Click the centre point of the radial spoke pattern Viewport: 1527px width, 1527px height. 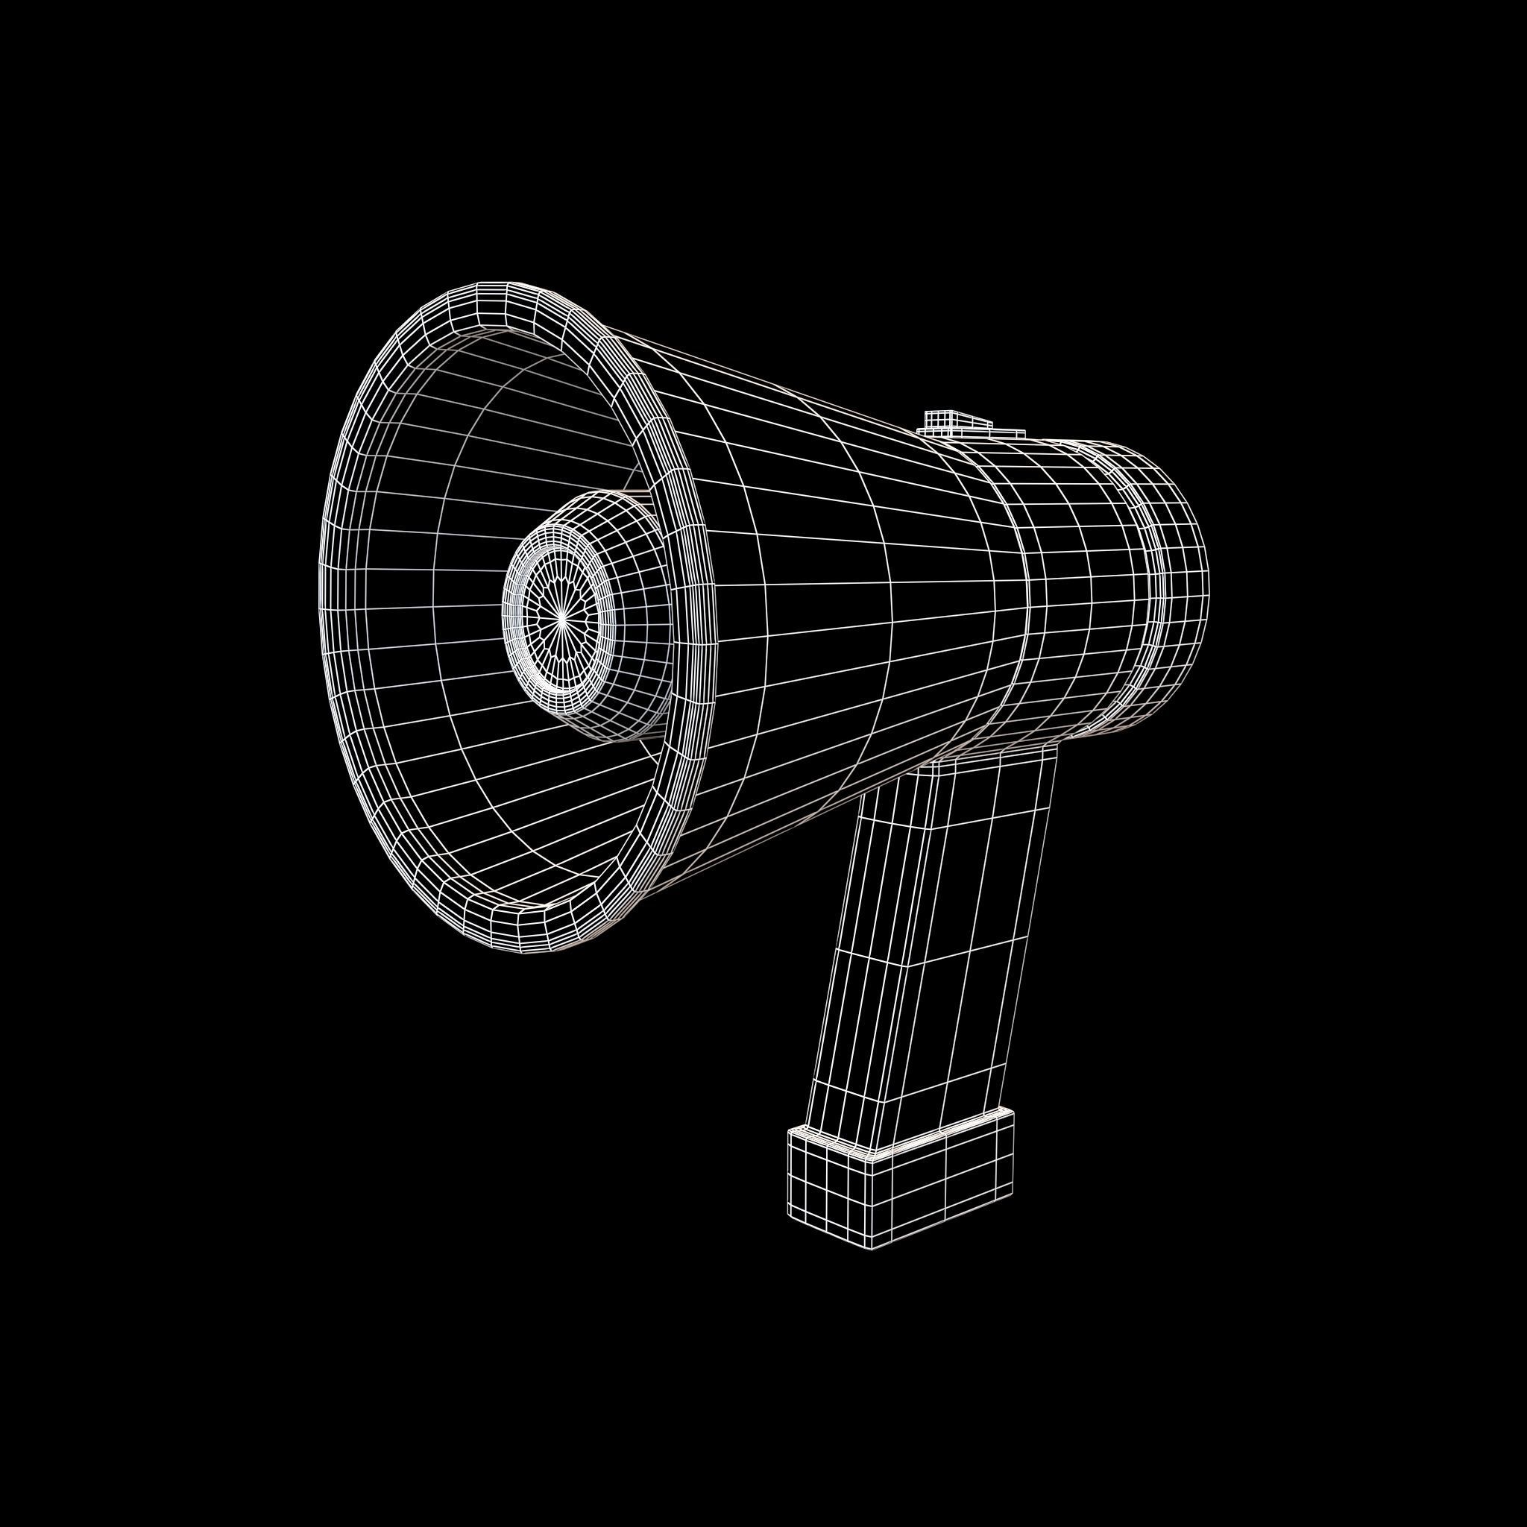click(x=561, y=622)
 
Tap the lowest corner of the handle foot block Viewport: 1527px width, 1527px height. click(x=872, y=1247)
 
